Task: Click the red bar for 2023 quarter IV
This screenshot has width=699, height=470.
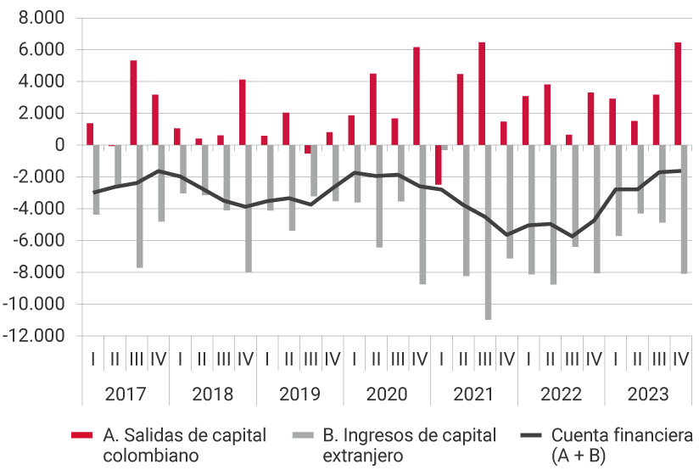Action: [678, 93]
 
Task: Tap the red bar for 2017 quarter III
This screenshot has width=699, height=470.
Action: [133, 103]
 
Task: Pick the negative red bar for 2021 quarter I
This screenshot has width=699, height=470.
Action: [439, 165]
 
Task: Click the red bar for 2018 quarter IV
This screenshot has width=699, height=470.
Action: [242, 112]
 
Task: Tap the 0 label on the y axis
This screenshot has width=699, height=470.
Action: [59, 145]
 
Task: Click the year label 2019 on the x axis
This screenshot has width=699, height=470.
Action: [299, 394]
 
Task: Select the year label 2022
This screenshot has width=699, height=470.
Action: [561, 394]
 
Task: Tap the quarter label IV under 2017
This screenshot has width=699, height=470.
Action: [158, 359]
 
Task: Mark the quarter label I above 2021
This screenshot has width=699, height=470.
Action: [441, 359]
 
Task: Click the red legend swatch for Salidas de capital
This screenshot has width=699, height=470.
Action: [81, 436]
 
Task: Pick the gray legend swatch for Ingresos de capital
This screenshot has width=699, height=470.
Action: [301, 436]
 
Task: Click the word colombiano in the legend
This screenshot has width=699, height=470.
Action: [151, 456]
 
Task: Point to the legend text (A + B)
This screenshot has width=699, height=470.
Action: [579, 456]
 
